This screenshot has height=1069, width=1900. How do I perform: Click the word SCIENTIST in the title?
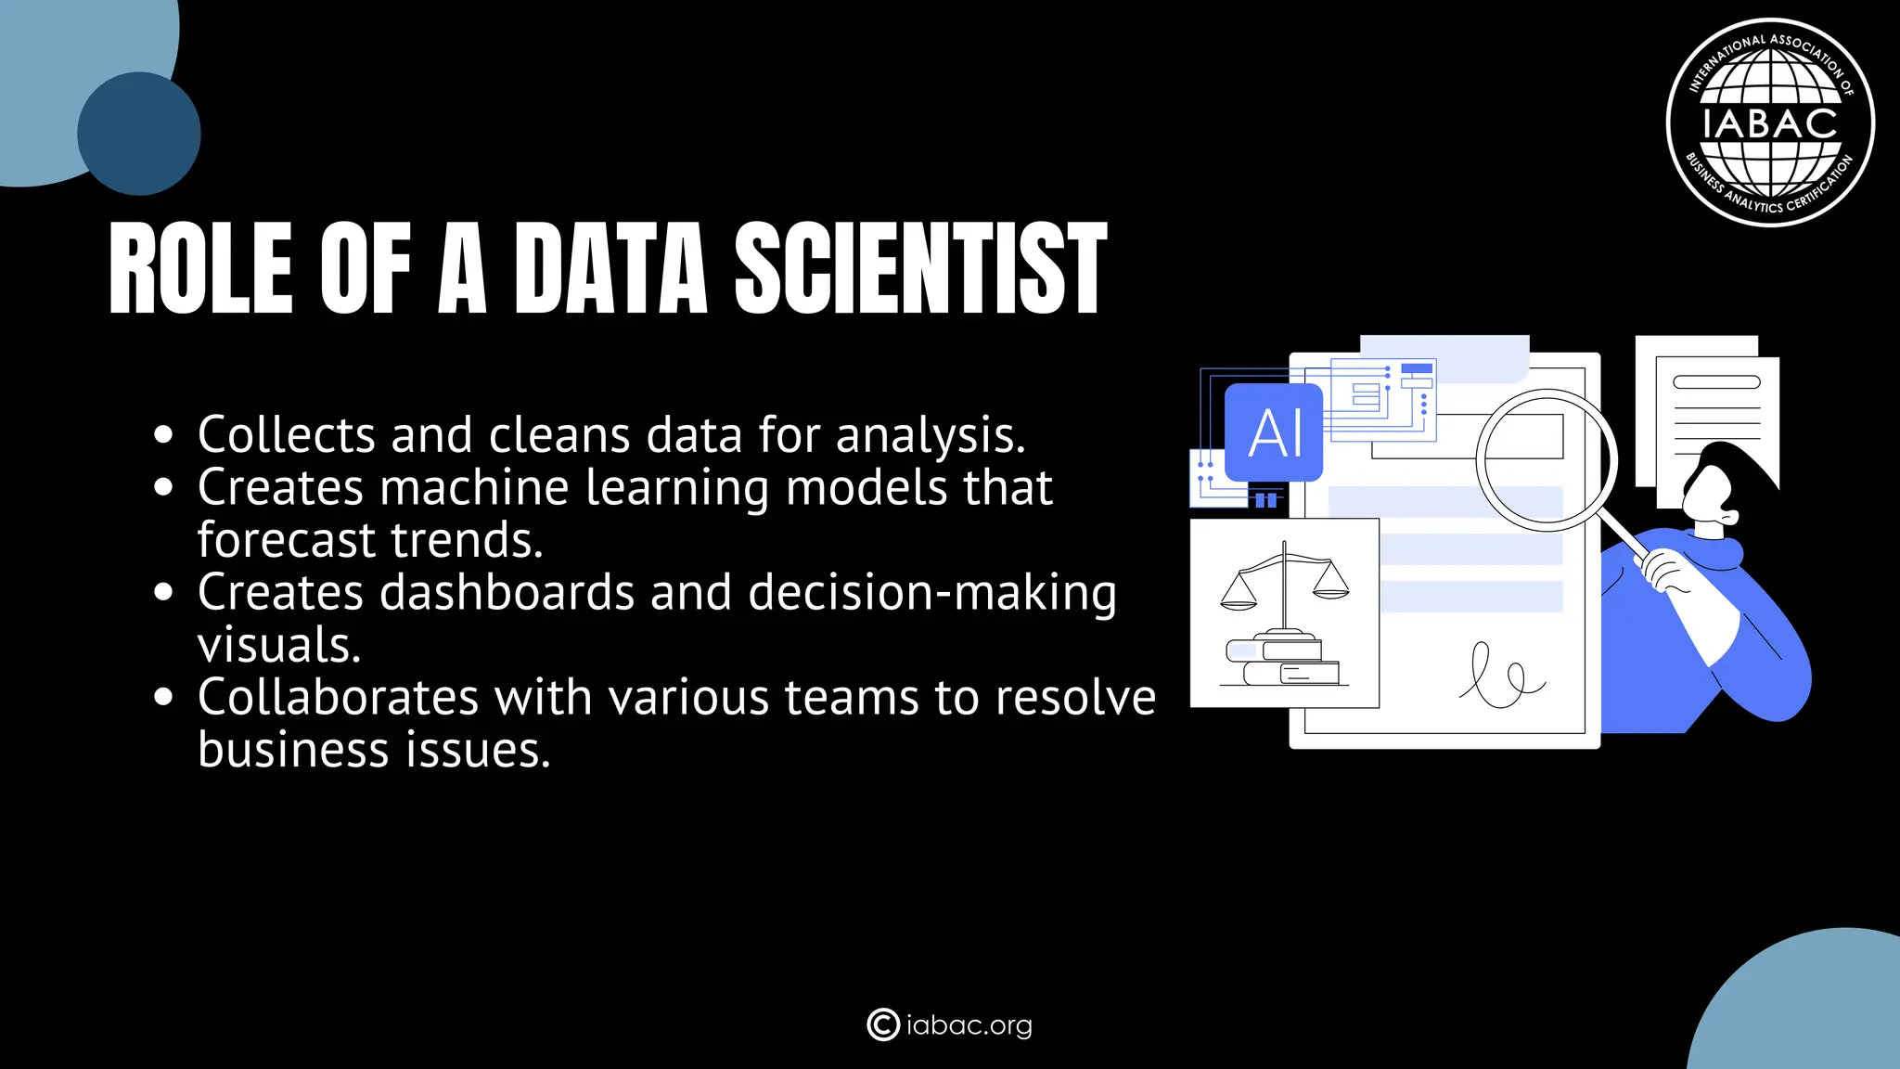920,269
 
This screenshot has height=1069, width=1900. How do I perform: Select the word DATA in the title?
610,269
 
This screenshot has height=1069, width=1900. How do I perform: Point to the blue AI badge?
1274,432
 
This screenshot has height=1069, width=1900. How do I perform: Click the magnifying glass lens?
1547,459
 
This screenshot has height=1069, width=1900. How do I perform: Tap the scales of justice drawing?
1284,585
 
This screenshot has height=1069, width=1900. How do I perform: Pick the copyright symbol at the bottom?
882,1024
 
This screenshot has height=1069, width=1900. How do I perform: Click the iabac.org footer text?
969,1025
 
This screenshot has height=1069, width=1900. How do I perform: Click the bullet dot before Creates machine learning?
164,487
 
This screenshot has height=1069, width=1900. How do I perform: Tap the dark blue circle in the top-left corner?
139,134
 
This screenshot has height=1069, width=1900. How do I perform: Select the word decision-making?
932,594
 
